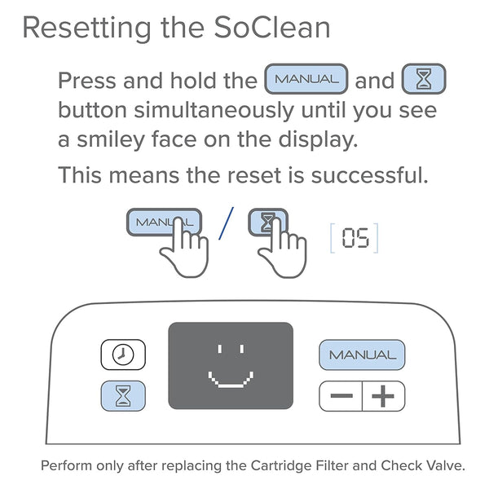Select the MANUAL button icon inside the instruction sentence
pyautogui.click(x=306, y=80)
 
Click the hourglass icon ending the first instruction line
pyautogui.click(x=424, y=80)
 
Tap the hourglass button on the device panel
pyautogui.click(x=123, y=396)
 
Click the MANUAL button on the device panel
pyautogui.click(x=362, y=355)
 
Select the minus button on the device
pyautogui.click(x=341, y=397)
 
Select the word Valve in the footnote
pyautogui.click(x=445, y=466)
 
